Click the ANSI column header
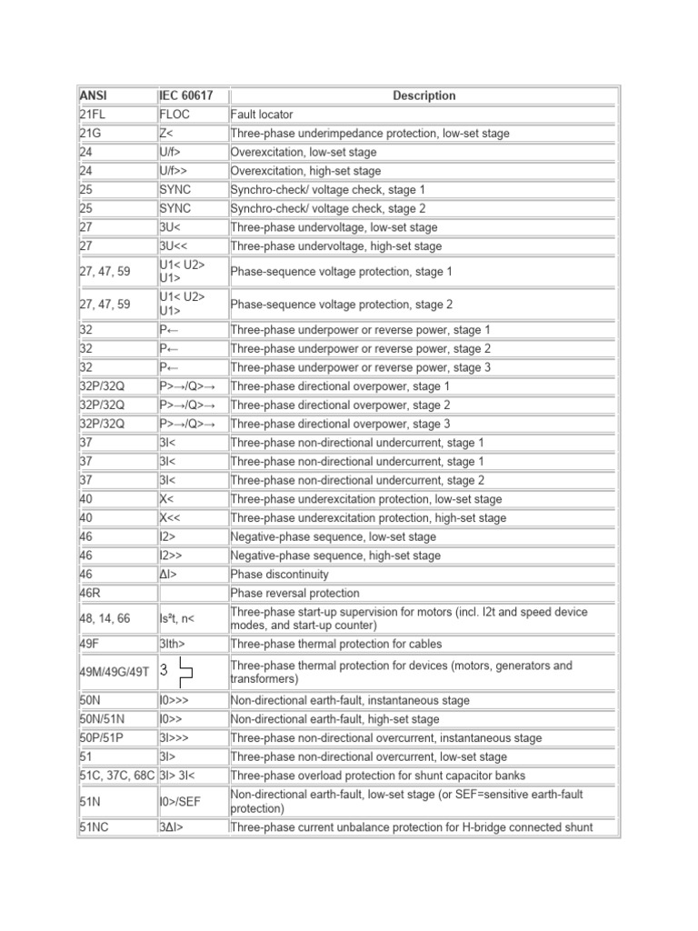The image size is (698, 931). (x=94, y=95)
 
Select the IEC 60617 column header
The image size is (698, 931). (x=180, y=95)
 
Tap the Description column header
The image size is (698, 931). (x=424, y=95)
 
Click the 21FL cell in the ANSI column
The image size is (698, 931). (x=95, y=115)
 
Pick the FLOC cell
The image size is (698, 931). (x=174, y=115)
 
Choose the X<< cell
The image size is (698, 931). (x=170, y=518)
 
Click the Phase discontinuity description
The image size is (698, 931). (x=280, y=575)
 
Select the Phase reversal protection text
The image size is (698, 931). (x=294, y=594)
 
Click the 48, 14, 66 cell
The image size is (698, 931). (x=105, y=618)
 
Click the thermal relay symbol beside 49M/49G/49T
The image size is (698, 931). (x=181, y=672)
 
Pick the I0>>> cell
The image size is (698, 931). (x=174, y=700)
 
